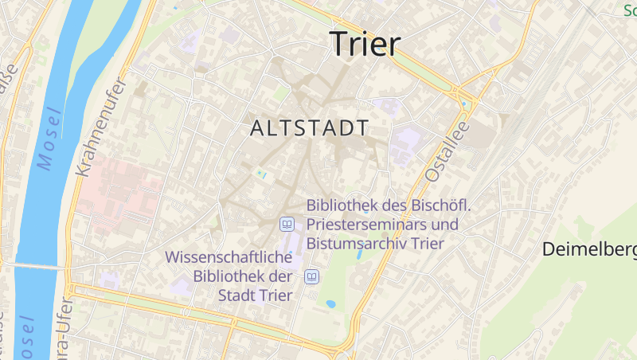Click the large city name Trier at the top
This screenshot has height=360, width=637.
(365, 44)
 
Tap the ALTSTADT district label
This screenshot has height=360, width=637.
(309, 127)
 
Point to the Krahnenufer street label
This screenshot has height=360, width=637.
(100, 127)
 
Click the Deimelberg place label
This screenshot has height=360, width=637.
(589, 249)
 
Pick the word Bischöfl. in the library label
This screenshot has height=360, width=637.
(441, 206)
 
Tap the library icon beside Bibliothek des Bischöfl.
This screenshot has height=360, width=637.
(287, 225)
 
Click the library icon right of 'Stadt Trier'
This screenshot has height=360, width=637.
(312, 277)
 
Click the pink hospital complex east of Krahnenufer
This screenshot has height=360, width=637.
(119, 191)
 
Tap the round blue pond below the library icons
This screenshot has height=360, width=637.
(330, 303)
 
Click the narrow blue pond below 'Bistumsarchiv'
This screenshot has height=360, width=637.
(361, 255)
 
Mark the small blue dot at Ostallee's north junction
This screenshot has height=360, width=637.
(464, 104)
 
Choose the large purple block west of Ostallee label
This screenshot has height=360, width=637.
(407, 144)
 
